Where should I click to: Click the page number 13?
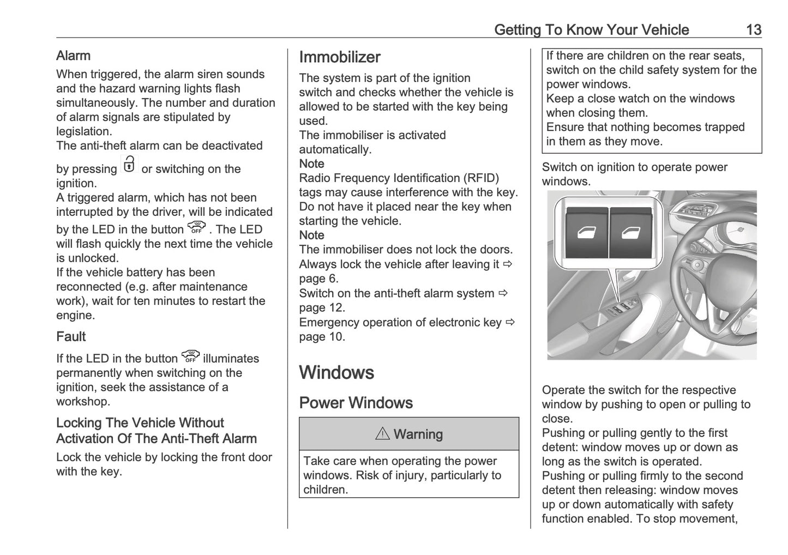753,29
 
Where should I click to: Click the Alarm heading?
73,56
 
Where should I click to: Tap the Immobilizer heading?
340,57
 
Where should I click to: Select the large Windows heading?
336,372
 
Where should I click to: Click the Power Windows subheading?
356,403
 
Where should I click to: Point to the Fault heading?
71,336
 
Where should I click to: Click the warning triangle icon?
382,434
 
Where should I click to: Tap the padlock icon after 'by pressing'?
129,165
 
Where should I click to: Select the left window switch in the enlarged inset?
586,234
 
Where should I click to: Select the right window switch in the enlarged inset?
630,234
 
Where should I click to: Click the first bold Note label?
311,164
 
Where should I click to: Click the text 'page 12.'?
322,307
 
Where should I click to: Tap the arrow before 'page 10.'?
510,322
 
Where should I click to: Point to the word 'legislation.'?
83,131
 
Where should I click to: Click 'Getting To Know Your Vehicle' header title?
591,29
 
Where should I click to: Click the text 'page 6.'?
318,279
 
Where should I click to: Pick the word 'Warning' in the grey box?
418,434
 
